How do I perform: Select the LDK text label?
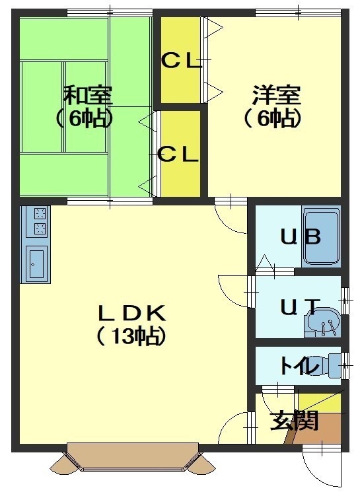point(131,313)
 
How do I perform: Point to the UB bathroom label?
point(301,236)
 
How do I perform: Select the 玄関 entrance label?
point(294,421)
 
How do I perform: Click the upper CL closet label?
point(181,61)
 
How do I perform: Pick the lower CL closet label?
point(178,155)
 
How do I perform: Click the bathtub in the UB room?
point(321,236)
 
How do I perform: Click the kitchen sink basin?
point(36,264)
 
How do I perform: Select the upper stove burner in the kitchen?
point(40,213)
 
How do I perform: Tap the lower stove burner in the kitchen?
point(40,228)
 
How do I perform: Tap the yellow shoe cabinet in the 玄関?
point(320,403)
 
